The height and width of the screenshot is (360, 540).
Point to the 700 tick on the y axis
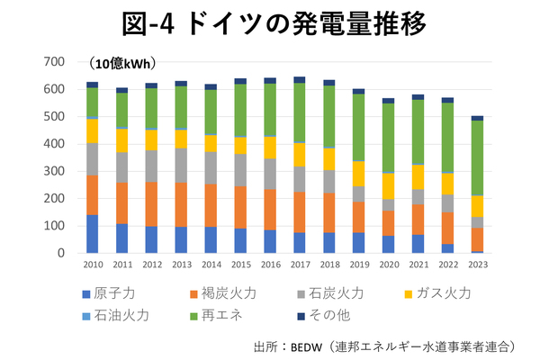[55, 62]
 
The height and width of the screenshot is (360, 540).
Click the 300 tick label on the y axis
[55, 171]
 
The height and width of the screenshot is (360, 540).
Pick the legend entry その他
[332, 315]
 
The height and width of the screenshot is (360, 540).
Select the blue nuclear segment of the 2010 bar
[93, 234]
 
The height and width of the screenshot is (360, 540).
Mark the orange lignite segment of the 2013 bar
[181, 204]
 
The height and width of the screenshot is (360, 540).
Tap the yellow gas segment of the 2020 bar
[388, 186]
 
